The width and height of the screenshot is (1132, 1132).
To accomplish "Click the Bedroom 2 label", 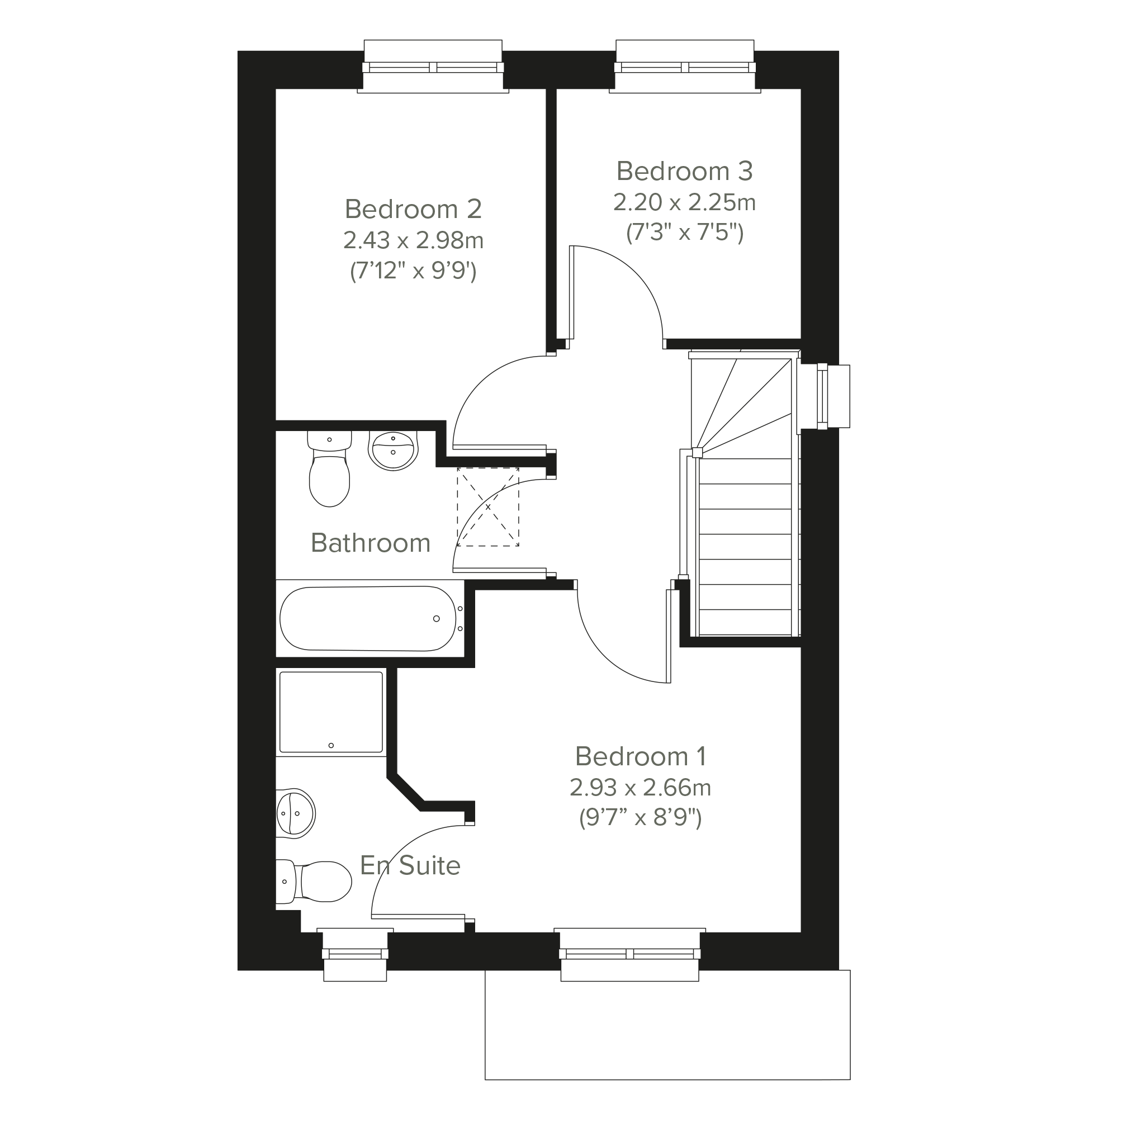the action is [413, 209].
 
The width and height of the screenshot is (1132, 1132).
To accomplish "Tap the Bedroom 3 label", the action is [684, 171].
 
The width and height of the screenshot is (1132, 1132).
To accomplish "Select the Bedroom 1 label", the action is [641, 756].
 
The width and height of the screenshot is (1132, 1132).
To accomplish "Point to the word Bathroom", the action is [370, 543].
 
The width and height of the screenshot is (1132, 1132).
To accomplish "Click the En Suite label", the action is [410, 865].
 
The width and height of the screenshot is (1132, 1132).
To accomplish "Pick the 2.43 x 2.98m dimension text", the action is [413, 240].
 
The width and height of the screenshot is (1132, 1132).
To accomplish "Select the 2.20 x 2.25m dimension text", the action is [684, 203].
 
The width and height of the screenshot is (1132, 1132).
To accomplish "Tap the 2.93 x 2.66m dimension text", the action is [641, 788].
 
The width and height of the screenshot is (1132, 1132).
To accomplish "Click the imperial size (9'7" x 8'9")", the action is [641, 817].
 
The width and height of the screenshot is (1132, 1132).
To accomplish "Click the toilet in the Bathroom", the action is [330, 469].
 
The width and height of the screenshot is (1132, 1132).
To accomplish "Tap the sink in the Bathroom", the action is [392, 451].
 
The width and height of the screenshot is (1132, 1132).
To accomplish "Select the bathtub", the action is [368, 619].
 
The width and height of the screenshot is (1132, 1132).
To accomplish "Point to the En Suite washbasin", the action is [295, 813].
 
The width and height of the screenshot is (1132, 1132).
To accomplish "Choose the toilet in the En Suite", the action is [314, 881].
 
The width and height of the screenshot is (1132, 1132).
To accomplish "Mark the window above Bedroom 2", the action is [433, 67].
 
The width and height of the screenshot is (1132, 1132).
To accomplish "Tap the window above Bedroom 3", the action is [685, 67].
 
